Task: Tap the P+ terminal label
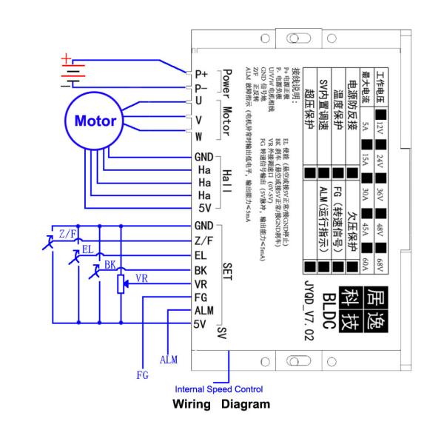[200, 74]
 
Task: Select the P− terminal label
[200, 87]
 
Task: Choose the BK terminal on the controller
[200, 269]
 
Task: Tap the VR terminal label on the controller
[200, 283]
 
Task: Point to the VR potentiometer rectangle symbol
[121, 284]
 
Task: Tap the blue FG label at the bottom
[142, 375]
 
